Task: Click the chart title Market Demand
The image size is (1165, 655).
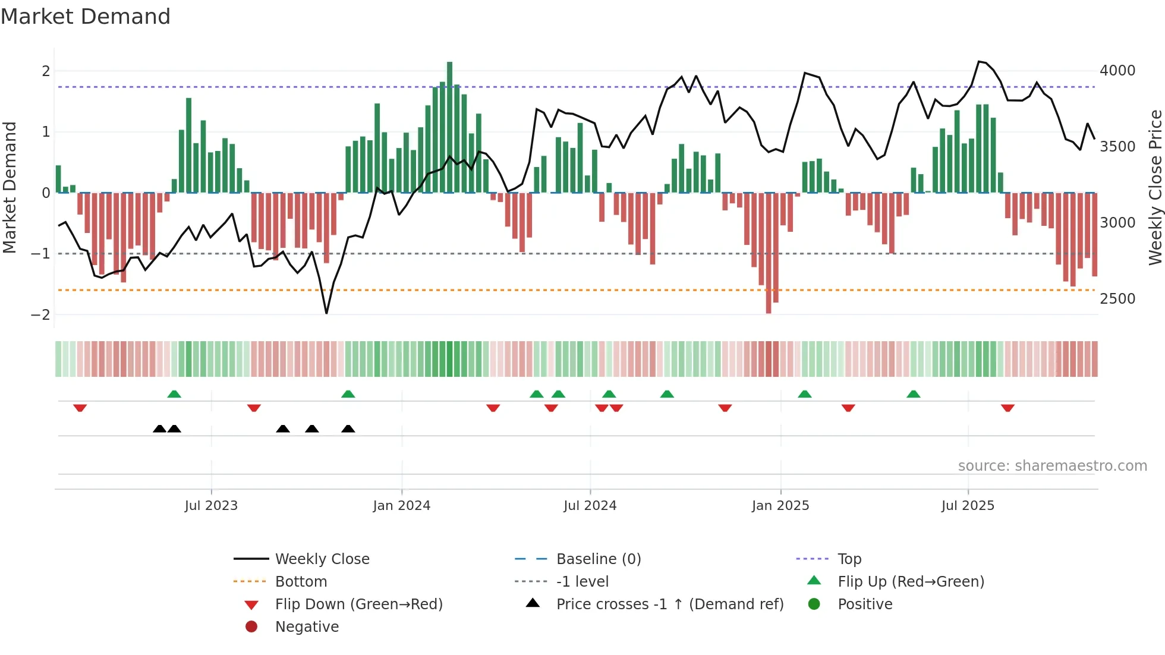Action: click(x=86, y=17)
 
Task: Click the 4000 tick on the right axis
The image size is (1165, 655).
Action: click(x=1117, y=71)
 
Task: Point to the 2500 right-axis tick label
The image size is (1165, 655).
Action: click(x=1117, y=299)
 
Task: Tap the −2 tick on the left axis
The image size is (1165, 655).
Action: click(x=41, y=315)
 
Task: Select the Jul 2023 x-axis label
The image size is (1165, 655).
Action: click(x=211, y=506)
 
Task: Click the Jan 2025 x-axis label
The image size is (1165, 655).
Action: click(x=780, y=506)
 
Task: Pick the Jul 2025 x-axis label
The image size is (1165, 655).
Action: click(x=968, y=506)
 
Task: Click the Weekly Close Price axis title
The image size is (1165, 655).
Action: click(x=1155, y=187)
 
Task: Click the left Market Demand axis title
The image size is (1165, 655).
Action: click(x=10, y=187)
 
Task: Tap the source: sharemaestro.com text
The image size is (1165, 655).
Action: click(x=1052, y=466)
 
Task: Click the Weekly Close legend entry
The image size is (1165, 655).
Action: click(x=322, y=559)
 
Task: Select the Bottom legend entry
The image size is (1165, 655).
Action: click(x=301, y=582)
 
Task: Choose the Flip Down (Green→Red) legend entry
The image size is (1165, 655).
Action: click(x=358, y=604)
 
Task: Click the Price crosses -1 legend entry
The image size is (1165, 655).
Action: click(x=669, y=604)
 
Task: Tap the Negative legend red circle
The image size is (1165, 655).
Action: click(x=251, y=627)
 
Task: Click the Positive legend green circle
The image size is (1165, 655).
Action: click(x=814, y=604)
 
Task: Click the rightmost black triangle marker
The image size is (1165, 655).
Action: click(x=348, y=429)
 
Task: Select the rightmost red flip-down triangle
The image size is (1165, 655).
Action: click(x=1007, y=408)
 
